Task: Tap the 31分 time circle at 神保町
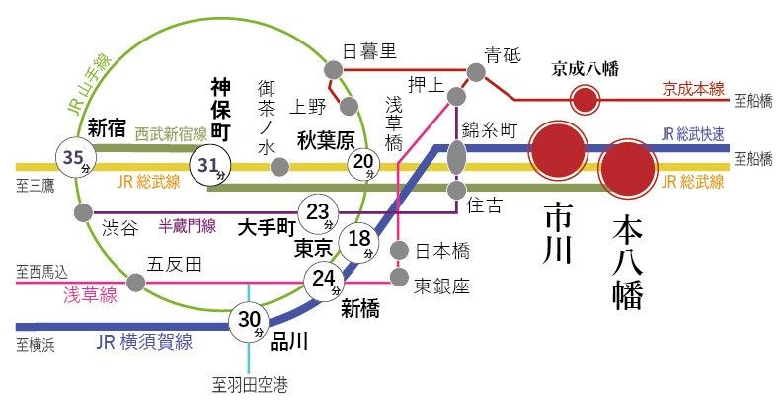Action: (x=210, y=166)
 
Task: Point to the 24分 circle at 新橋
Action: (x=322, y=282)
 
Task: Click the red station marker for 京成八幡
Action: (x=586, y=99)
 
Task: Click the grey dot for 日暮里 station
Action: (x=334, y=70)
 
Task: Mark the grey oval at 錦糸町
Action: (x=456, y=155)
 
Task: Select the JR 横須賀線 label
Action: (x=144, y=342)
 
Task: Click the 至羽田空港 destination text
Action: (x=248, y=386)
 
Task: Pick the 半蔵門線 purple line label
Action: (x=188, y=226)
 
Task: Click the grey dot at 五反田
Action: (x=137, y=284)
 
